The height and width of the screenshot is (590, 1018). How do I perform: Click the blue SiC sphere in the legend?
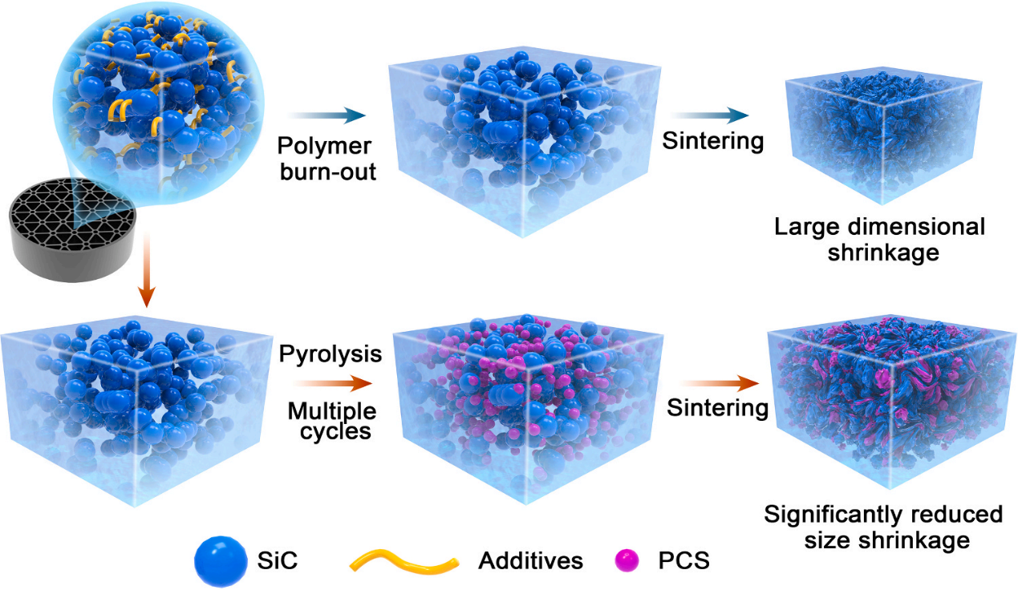(218, 560)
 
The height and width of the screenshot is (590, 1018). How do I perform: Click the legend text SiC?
(278, 560)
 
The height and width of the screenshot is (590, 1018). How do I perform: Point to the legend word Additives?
(531, 560)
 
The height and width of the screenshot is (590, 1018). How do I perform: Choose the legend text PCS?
(682, 560)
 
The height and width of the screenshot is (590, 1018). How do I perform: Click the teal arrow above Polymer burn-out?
(320, 119)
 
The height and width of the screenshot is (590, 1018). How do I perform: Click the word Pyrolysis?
(324, 354)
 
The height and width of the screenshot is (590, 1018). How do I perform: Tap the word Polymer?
(323, 147)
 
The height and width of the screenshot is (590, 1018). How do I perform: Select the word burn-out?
(327, 171)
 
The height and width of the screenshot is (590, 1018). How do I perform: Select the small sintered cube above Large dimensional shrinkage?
(882, 138)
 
